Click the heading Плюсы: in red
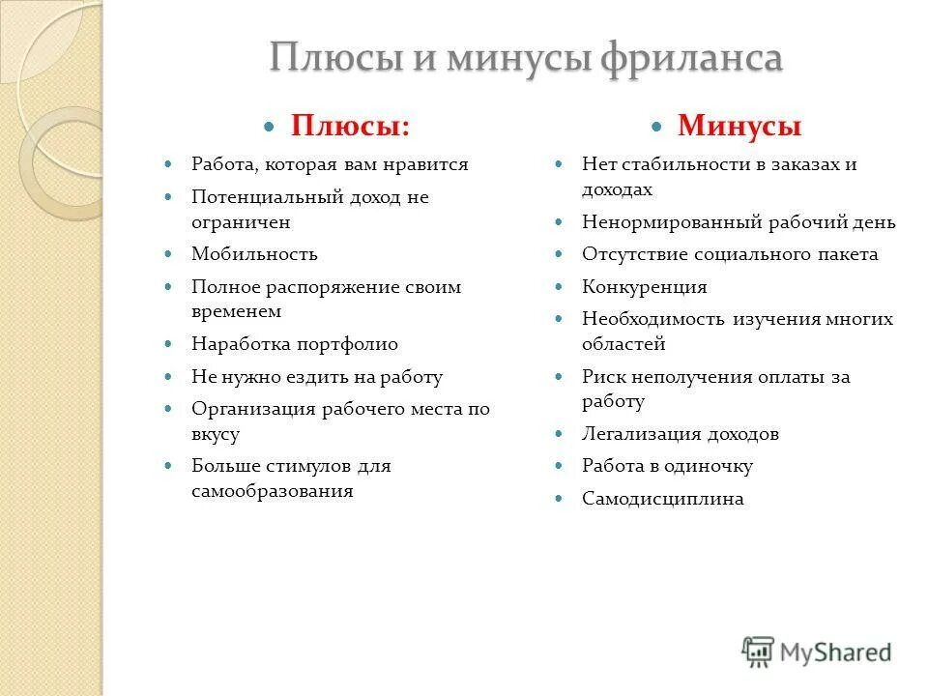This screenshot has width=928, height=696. (350, 126)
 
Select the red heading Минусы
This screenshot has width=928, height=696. (739, 126)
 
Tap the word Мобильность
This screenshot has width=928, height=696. (254, 254)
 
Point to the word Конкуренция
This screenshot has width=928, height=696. (645, 287)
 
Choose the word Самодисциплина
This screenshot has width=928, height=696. (663, 499)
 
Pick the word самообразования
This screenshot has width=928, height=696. (273, 491)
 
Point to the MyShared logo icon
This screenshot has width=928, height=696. (759, 652)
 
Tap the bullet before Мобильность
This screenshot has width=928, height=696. (169, 253)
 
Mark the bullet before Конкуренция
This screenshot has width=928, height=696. (560, 286)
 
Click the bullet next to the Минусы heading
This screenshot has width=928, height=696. (656, 127)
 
